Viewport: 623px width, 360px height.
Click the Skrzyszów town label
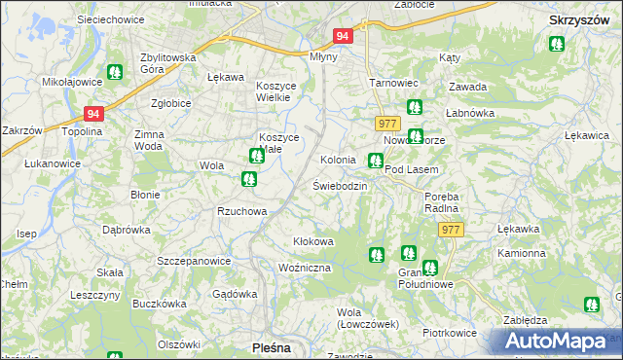(578, 18)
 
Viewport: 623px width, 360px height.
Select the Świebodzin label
(340, 185)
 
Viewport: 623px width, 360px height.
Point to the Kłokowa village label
(313, 240)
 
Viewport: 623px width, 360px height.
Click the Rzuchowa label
(241, 211)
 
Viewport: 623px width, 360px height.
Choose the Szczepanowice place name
(194, 261)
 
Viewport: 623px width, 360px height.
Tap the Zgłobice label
(170, 102)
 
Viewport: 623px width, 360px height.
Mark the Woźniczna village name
(305, 267)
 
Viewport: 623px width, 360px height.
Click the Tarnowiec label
(392, 83)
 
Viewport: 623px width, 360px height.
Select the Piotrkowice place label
(450, 332)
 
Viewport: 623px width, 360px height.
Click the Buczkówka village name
(160, 304)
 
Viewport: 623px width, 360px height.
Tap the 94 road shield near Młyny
(342, 35)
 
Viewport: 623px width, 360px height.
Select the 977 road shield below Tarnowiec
(386, 123)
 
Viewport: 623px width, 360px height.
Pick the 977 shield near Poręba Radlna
(451, 230)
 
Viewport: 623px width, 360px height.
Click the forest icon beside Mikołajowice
(115, 71)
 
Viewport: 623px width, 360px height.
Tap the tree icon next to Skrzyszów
(556, 44)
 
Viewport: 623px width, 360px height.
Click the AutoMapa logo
(557, 342)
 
